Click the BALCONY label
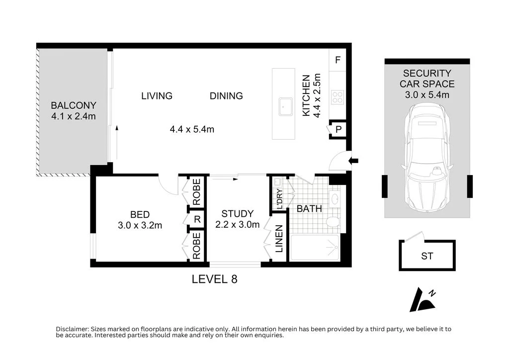point(74,105)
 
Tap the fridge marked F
point(338,60)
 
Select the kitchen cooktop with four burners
point(338,97)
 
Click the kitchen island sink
point(286,106)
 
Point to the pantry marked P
point(338,129)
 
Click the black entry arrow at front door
point(353,161)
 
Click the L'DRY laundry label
point(279,199)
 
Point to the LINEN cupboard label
point(279,239)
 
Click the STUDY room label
point(237,214)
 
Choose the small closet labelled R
point(197,219)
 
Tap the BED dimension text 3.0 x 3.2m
point(140,225)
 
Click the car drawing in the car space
point(427,158)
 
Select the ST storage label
point(427,256)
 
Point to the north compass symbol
point(423,300)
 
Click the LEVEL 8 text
point(214,279)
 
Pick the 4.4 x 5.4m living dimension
point(192,129)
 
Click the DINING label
point(226,96)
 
